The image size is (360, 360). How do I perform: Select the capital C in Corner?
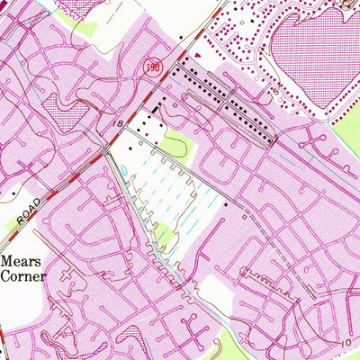click(7, 279)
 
